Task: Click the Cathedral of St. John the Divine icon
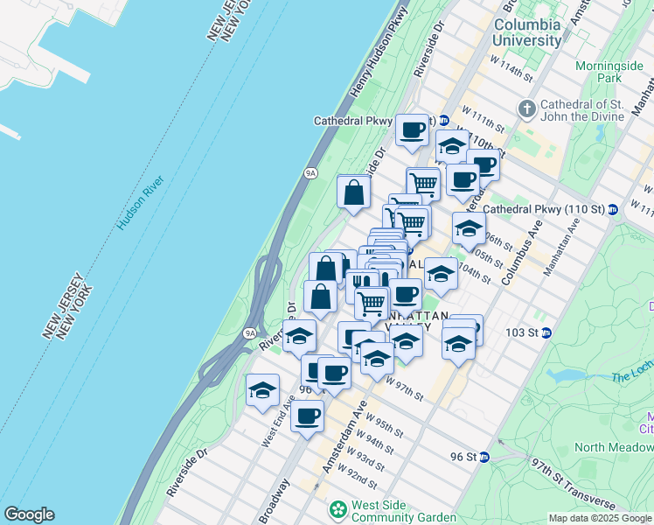point(526,109)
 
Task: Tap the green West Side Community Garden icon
point(337,509)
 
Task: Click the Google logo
point(29,514)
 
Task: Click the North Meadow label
point(613,447)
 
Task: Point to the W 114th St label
point(511,68)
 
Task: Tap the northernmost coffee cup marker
point(413,129)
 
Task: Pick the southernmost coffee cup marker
point(307,416)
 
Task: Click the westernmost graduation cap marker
point(261,390)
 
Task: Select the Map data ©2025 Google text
point(599,518)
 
